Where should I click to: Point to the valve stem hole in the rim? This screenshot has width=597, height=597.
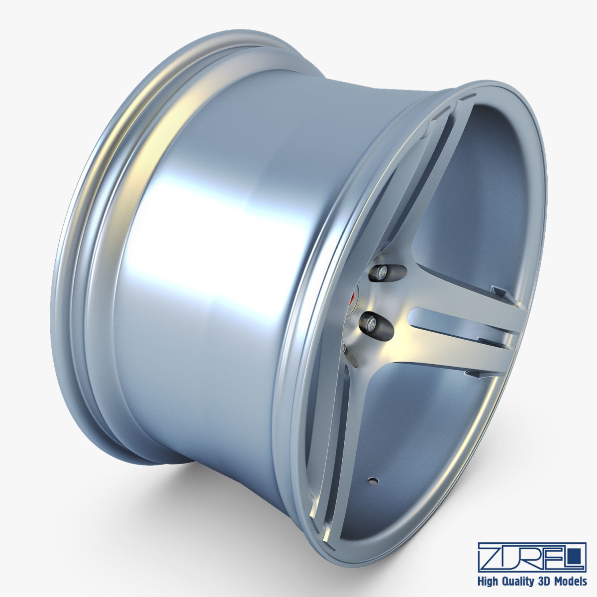click(x=371, y=481)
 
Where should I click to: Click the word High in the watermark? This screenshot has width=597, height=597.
click(x=490, y=581)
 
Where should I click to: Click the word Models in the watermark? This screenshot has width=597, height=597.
click(x=574, y=581)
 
